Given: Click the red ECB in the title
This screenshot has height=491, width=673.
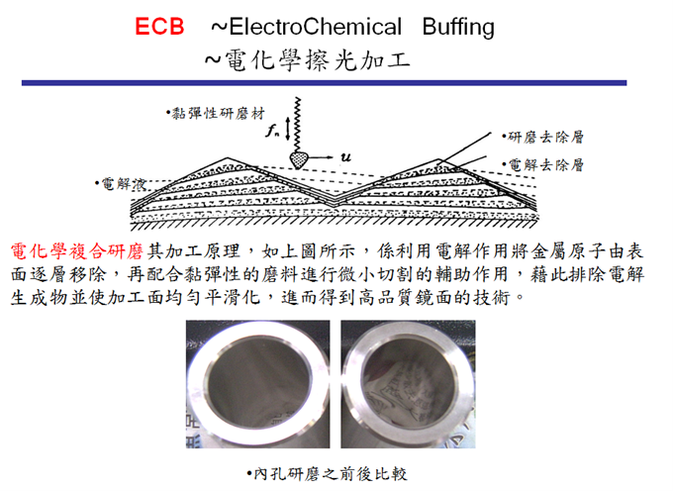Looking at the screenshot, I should tap(159, 28).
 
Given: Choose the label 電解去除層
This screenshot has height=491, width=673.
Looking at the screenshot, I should tap(542, 163).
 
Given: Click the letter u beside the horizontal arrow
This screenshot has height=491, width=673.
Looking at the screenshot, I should tap(345, 156).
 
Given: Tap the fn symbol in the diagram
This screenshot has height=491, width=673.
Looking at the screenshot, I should tap(272, 131).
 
